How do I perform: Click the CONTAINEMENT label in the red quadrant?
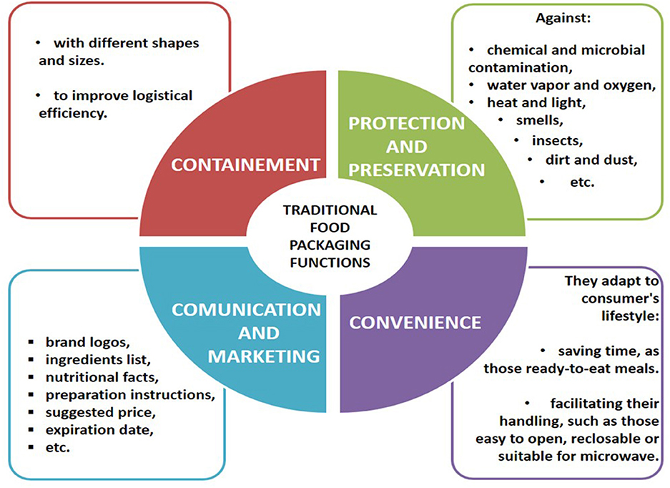click(x=245, y=165)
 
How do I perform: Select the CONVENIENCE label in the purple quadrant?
click(x=415, y=322)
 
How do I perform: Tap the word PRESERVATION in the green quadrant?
click(x=417, y=170)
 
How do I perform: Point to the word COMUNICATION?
click(x=246, y=310)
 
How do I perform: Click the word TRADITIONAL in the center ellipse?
click(x=330, y=210)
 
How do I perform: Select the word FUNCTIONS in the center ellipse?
click(x=330, y=262)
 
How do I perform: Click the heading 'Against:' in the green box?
click(x=562, y=18)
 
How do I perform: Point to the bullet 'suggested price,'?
click(x=101, y=413)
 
